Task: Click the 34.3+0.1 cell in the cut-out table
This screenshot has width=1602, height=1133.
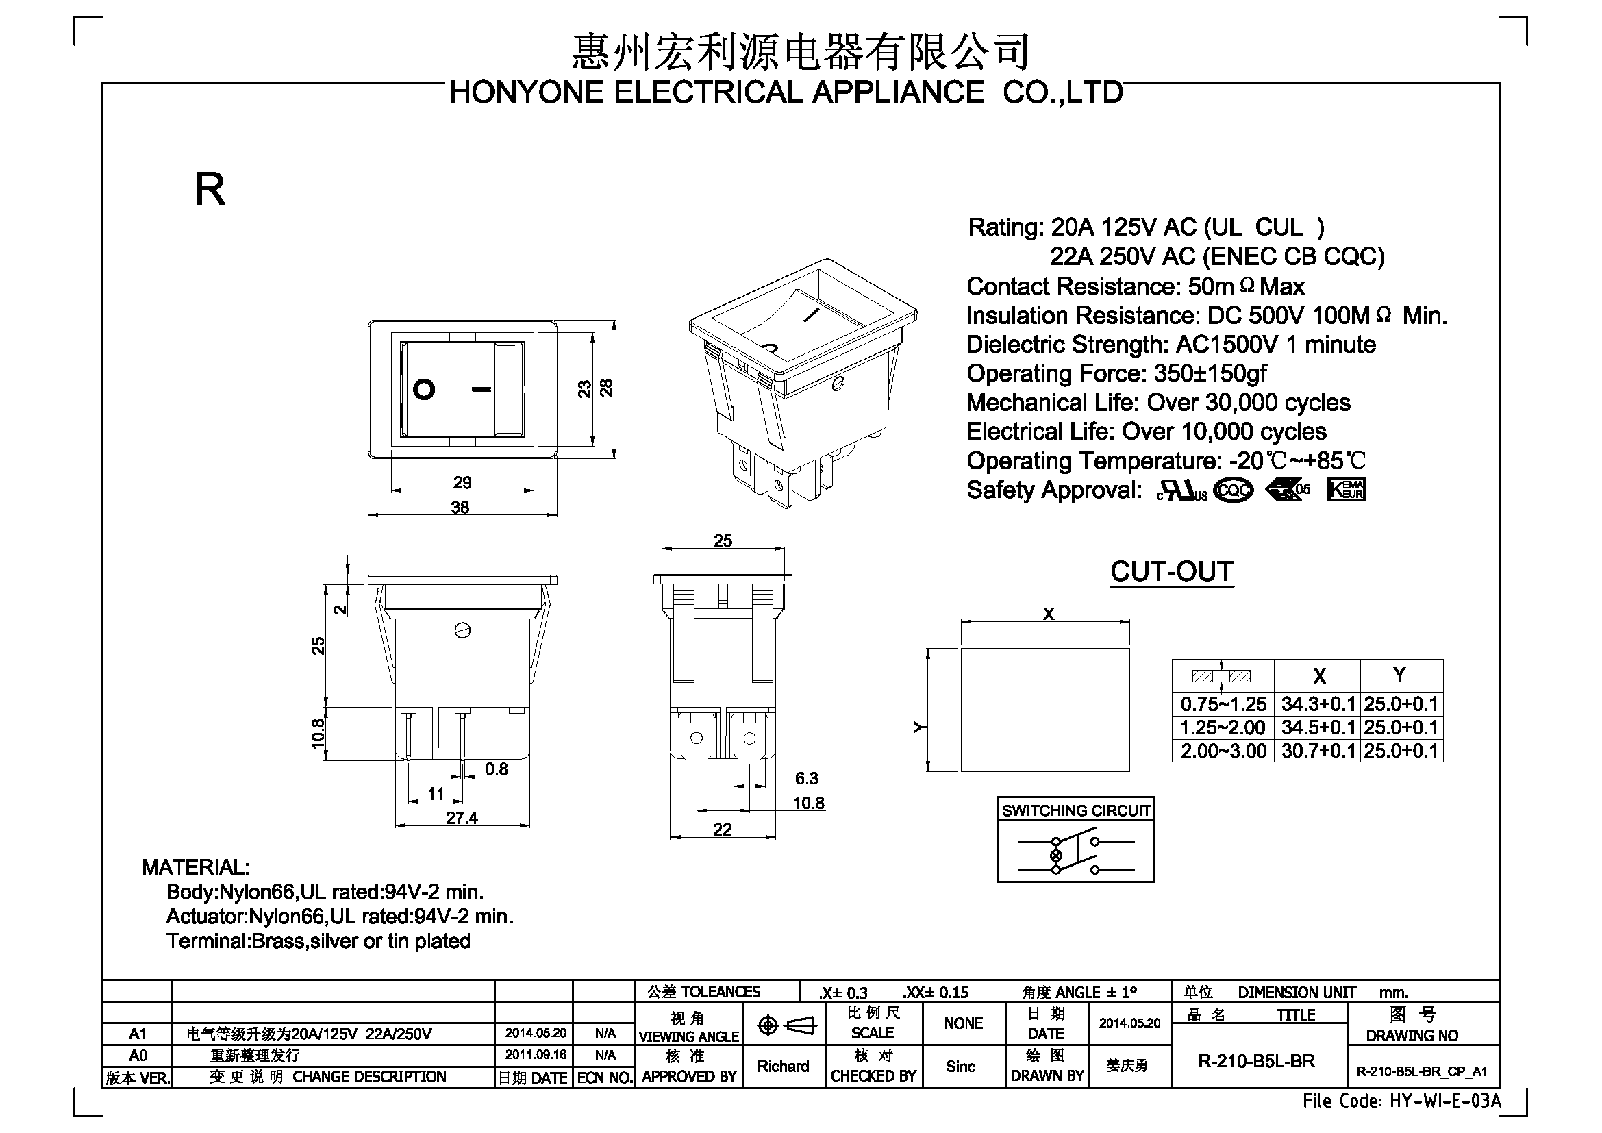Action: [1318, 704]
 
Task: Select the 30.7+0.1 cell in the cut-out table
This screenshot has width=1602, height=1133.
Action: [1318, 751]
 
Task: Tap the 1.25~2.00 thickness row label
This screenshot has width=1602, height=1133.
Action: [1223, 727]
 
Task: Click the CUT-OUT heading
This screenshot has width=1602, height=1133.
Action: [1171, 571]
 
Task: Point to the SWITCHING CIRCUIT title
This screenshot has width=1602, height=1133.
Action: [1076, 810]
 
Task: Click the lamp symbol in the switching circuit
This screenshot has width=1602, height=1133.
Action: [1055, 856]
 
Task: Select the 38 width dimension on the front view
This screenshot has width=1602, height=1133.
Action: [460, 507]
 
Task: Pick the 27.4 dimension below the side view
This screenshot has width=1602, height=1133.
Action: [462, 818]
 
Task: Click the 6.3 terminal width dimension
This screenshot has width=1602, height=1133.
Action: [807, 778]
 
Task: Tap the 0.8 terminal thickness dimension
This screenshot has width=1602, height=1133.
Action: [496, 769]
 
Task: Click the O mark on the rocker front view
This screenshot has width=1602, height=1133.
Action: [424, 389]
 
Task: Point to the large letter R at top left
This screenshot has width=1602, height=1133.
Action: [210, 189]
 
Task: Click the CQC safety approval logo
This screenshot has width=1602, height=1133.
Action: [1234, 490]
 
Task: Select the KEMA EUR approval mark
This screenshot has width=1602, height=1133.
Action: [1347, 490]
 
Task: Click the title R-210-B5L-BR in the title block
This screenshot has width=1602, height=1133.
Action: [1257, 1061]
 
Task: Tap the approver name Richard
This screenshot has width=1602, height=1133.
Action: [783, 1066]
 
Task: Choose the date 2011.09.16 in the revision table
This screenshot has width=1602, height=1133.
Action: [536, 1054]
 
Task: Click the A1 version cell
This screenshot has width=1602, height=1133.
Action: [138, 1033]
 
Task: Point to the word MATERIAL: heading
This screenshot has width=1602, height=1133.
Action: [195, 867]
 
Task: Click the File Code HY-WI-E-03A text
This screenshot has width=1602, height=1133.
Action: [1402, 1101]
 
